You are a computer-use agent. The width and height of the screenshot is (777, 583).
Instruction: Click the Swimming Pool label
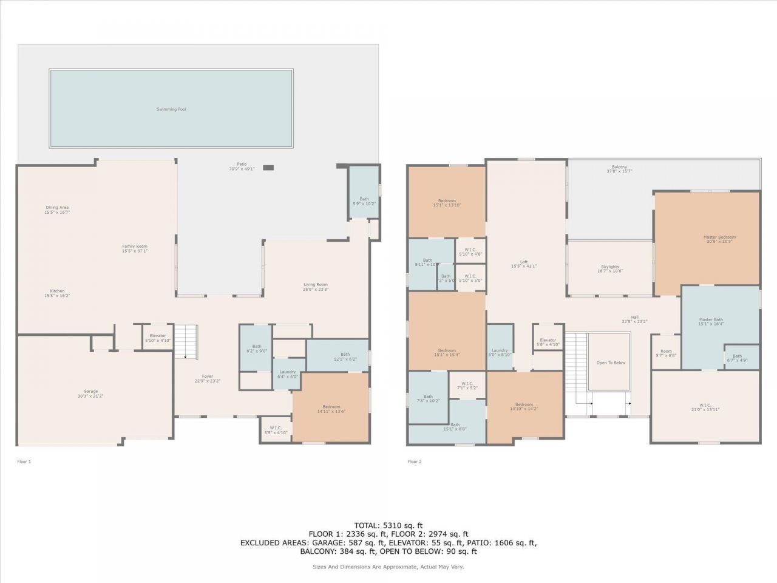171,109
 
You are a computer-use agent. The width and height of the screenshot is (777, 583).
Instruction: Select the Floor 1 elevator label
158,338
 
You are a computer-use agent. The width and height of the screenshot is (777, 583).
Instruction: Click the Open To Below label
611,363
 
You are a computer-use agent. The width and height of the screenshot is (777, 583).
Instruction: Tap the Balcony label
619,169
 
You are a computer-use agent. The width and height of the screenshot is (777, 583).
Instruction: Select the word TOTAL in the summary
367,525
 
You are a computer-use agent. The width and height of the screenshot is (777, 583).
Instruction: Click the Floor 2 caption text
415,462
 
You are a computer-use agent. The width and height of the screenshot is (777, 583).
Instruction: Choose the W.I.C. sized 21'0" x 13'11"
705,407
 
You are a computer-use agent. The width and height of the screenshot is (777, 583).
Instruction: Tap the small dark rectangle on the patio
268,168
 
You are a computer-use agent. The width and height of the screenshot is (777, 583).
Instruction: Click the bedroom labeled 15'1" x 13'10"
447,203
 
